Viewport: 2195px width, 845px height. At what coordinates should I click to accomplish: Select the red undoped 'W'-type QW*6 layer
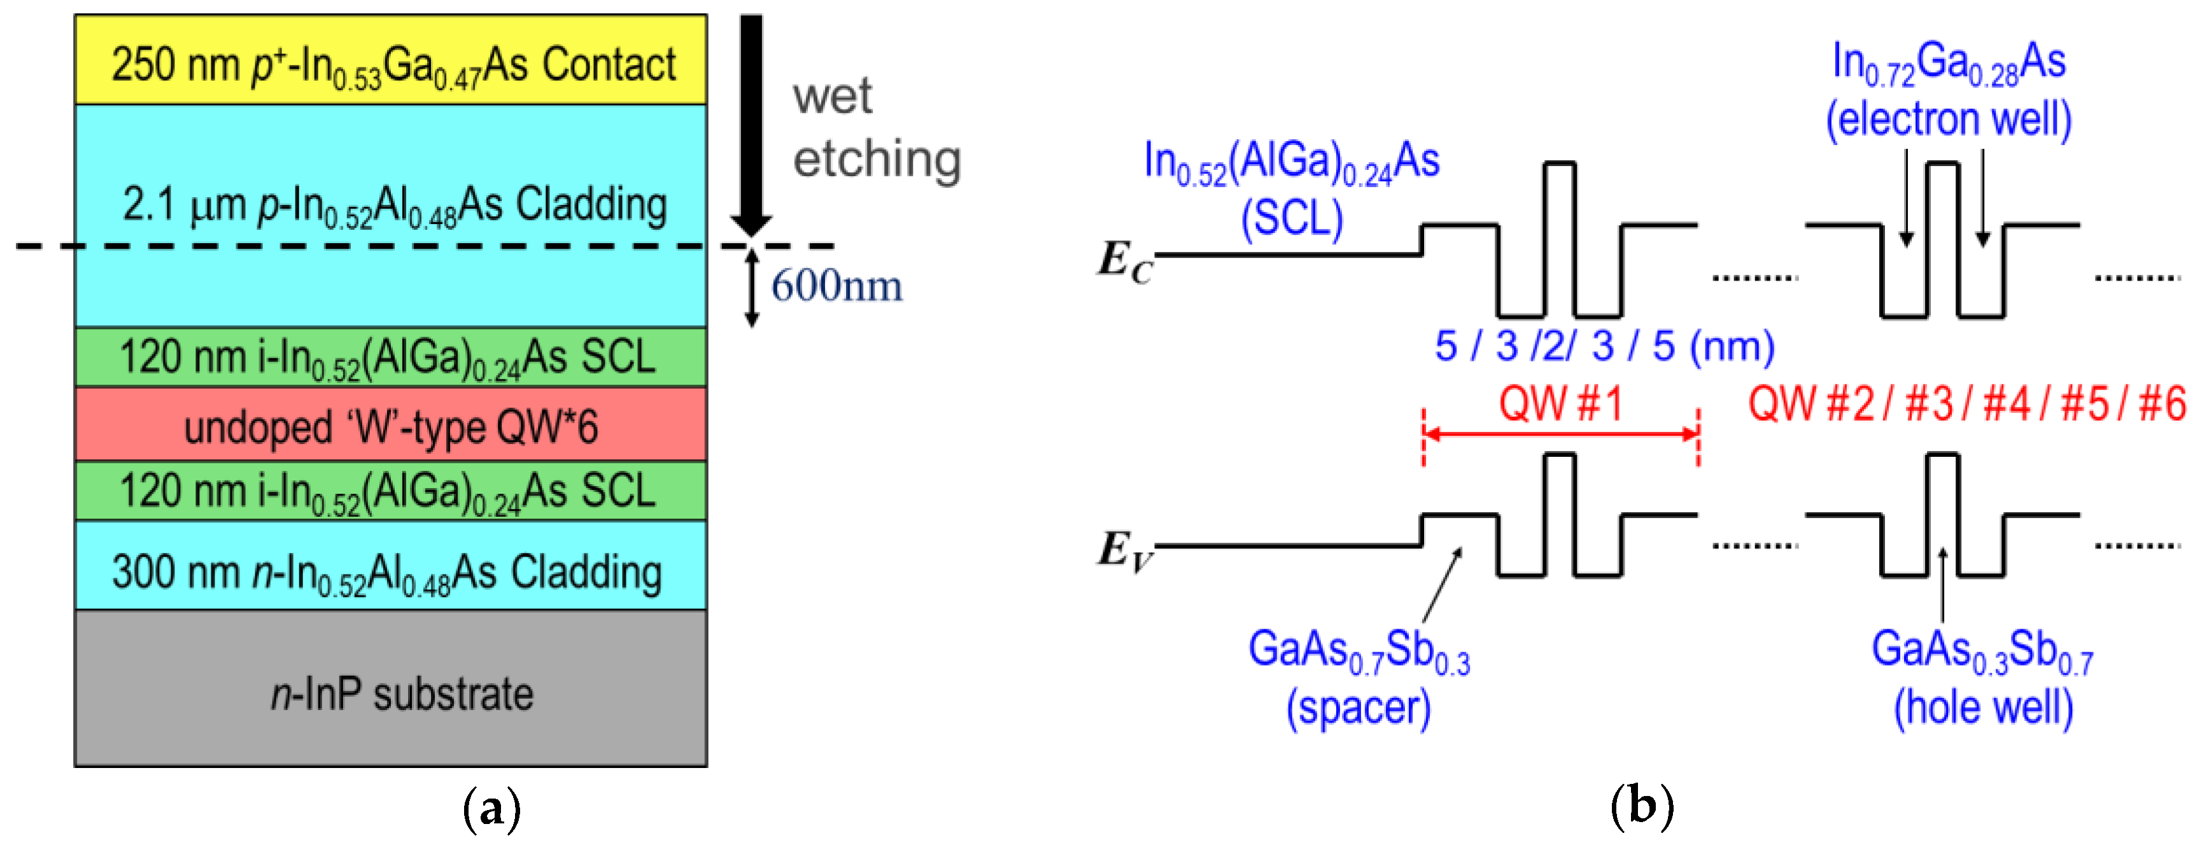390,425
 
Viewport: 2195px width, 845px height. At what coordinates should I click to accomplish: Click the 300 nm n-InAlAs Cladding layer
390,566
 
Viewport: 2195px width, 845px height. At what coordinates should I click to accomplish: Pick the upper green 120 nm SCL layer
390,357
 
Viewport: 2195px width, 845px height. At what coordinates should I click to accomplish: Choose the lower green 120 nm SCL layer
390,491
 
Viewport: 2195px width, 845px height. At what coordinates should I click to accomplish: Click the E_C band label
1124,260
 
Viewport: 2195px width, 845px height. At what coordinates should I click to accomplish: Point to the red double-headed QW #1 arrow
1560,435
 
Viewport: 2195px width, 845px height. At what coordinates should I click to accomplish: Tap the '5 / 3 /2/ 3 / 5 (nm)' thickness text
1604,347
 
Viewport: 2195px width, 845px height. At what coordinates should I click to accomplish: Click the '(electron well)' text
1948,118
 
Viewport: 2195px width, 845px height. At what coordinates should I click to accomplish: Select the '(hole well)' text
1982,707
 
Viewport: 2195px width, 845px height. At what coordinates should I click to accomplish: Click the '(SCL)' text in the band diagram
1292,218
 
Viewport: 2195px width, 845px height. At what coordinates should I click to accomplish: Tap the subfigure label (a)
491,807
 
